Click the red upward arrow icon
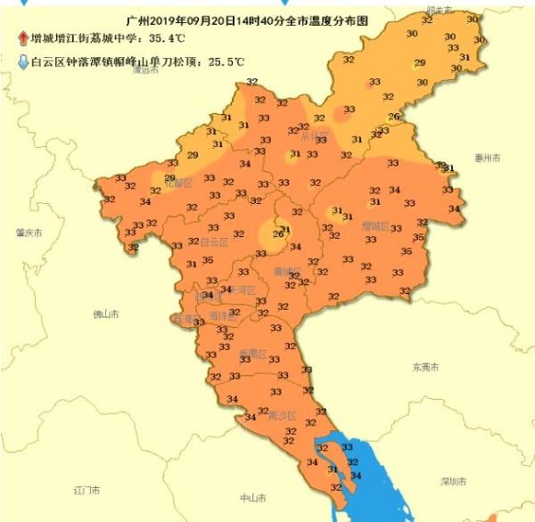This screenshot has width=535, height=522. pyautogui.click(x=22, y=38)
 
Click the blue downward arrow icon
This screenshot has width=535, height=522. pyautogui.click(x=22, y=62)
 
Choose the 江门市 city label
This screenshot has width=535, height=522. pyautogui.click(x=86, y=490)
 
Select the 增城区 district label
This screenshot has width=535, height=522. pyautogui.click(x=375, y=226)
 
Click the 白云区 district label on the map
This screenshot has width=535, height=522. pyautogui.click(x=214, y=241)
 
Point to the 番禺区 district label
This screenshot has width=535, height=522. pyautogui.click(x=252, y=354)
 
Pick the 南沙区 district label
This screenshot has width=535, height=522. pyautogui.click(x=282, y=414)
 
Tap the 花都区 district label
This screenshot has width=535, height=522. pyautogui.click(x=178, y=183)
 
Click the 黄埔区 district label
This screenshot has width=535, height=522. pyautogui.click(x=287, y=270)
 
